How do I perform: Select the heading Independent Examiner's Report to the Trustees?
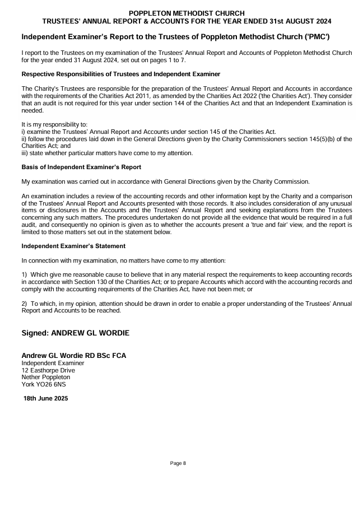175,37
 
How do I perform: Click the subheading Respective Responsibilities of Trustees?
120,74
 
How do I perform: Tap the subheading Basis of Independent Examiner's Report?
81,167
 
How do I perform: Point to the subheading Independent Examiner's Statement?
73,246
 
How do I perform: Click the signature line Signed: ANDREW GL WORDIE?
75,333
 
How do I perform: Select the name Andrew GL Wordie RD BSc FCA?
73,356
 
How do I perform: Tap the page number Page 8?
178,463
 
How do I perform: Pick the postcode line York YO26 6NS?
44,385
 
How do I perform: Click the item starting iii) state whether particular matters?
107,153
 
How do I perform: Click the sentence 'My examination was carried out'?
165,181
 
